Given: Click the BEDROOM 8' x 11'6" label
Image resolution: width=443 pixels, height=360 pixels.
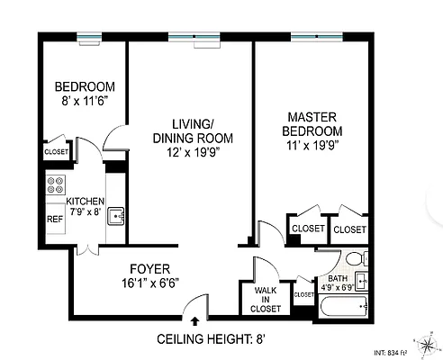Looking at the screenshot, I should tap(82, 94).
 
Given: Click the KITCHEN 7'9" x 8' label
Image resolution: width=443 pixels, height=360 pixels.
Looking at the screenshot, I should tap(81, 207).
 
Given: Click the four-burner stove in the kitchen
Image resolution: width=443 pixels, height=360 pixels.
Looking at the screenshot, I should tap(54, 187).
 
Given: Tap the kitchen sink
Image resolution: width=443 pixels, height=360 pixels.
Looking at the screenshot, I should tap(114, 216).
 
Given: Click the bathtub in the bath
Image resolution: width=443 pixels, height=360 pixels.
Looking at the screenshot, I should tap(342, 307).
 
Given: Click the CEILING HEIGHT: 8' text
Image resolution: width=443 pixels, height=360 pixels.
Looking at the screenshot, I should tap(212, 339).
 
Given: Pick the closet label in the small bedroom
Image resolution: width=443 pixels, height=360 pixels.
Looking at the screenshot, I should tap(56, 153).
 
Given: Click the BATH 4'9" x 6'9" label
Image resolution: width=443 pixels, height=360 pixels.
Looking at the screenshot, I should tap(338, 283).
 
